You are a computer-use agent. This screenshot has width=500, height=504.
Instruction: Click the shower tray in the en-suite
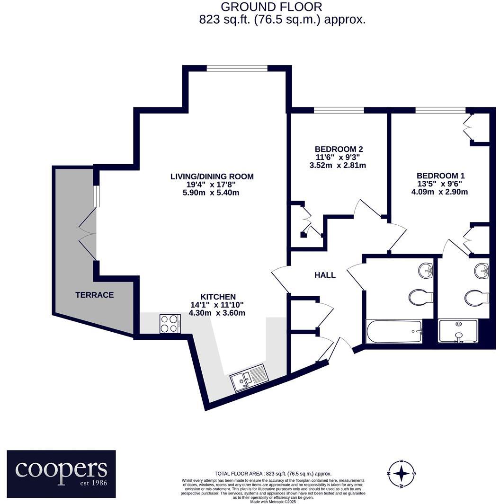click(x=458, y=330)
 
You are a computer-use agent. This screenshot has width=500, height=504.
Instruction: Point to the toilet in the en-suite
click(x=476, y=298)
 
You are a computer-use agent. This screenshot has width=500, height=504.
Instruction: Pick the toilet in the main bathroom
click(x=420, y=298)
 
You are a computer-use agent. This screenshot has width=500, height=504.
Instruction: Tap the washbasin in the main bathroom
click(x=426, y=270)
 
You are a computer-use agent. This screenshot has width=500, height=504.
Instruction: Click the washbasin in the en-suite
click(x=482, y=270)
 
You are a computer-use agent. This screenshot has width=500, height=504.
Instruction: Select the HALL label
click(x=325, y=275)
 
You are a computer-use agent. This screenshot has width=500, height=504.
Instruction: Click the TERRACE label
click(x=95, y=295)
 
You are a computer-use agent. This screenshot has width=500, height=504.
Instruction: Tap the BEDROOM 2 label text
click(x=339, y=149)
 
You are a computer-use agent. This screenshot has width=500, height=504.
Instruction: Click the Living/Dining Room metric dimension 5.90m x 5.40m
click(x=212, y=193)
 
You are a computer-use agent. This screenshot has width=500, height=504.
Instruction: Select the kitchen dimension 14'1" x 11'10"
click(x=217, y=305)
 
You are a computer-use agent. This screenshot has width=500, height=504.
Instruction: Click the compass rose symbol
click(x=402, y=473)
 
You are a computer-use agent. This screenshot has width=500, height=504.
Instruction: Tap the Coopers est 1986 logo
click(x=62, y=474)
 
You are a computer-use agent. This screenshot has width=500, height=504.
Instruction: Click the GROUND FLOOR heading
click(x=272, y=7)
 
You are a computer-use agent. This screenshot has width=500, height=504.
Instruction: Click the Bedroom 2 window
click(x=339, y=110)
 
